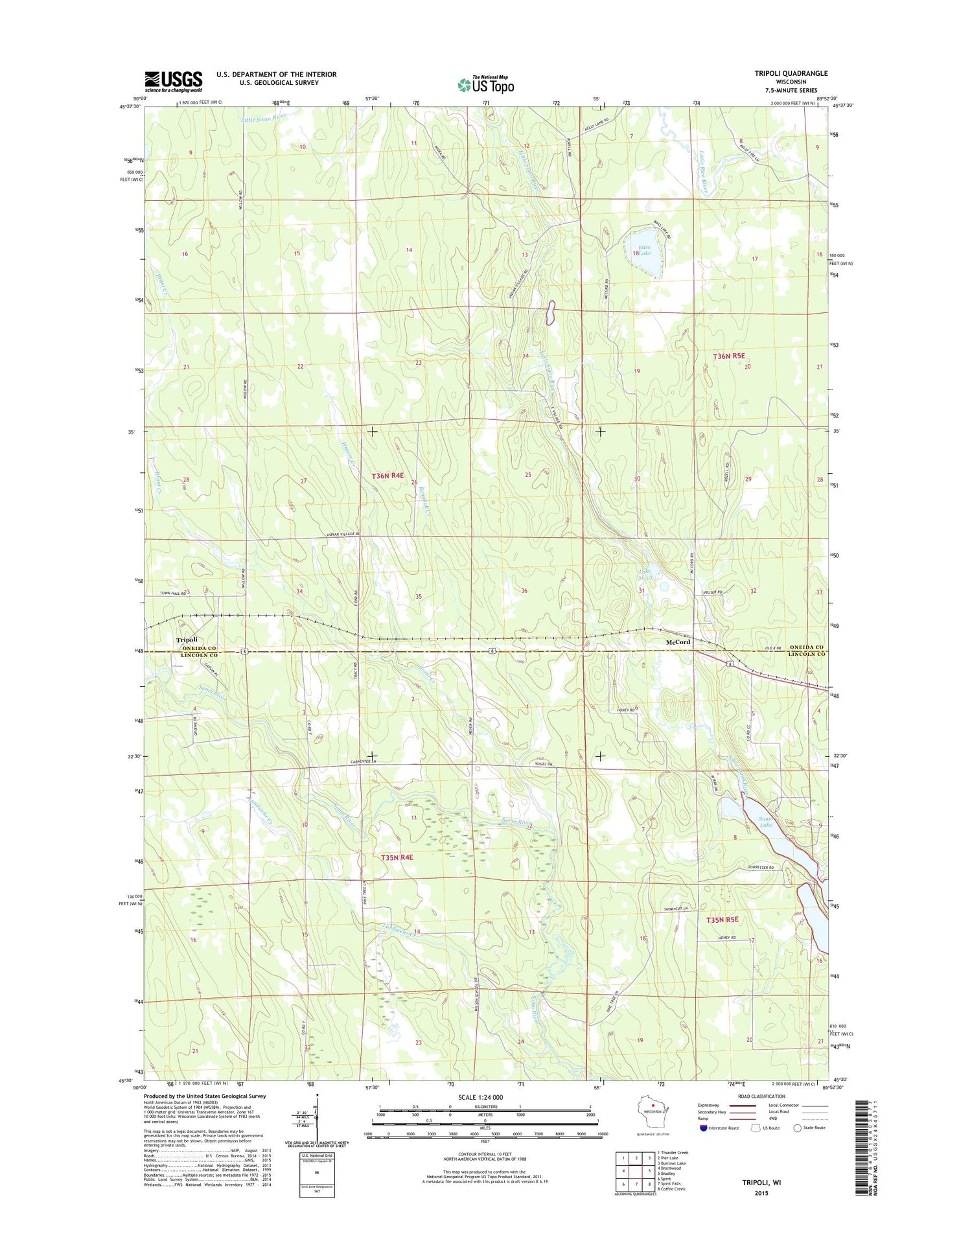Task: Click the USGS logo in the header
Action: point(173,81)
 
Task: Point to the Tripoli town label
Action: point(187,640)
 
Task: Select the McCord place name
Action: point(678,642)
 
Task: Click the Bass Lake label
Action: point(643,250)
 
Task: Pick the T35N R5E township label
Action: point(722,920)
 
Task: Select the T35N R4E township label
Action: point(397,857)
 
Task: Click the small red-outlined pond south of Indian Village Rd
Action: point(551,312)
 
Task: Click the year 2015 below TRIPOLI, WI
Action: point(761,1193)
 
